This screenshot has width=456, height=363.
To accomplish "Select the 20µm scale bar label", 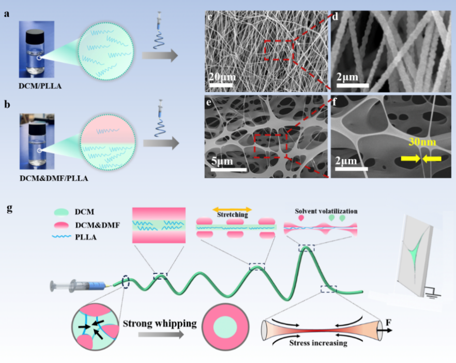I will [x=223, y=77].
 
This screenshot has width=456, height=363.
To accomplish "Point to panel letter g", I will [x=9, y=209].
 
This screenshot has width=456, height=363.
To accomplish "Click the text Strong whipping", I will [x=160, y=324].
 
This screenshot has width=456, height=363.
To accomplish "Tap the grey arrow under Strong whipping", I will [x=160, y=335].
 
